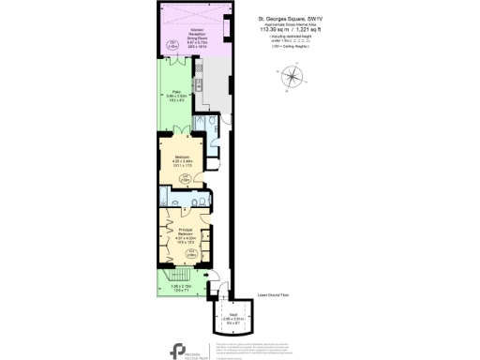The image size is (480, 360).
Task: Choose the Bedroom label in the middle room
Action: click(183, 159)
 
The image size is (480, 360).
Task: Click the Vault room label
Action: click(235, 320)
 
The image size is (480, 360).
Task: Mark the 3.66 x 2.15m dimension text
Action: click(181, 286)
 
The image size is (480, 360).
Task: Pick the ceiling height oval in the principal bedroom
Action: click(190, 251)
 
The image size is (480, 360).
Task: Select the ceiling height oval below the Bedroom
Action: click(187, 177)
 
